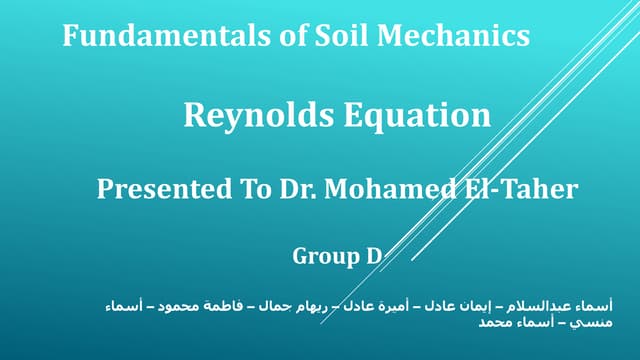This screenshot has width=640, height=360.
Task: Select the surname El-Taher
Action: (x=521, y=189)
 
